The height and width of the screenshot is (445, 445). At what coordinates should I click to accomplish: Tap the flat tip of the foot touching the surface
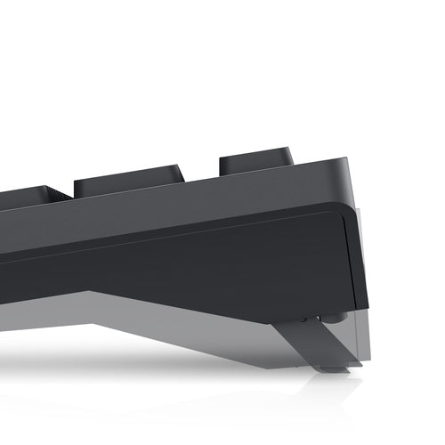point(335,367)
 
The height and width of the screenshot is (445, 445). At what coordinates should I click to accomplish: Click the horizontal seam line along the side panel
point(178,229)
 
